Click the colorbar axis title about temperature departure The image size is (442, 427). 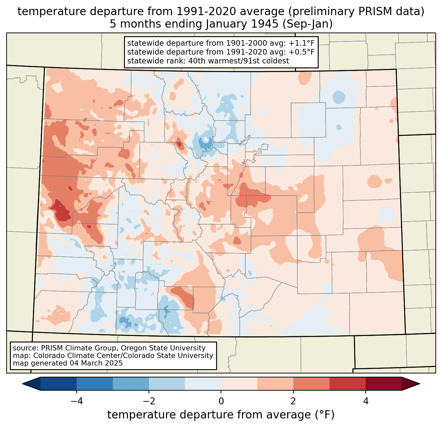[x=221, y=415]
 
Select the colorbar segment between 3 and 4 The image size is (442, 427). [x=348, y=384]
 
